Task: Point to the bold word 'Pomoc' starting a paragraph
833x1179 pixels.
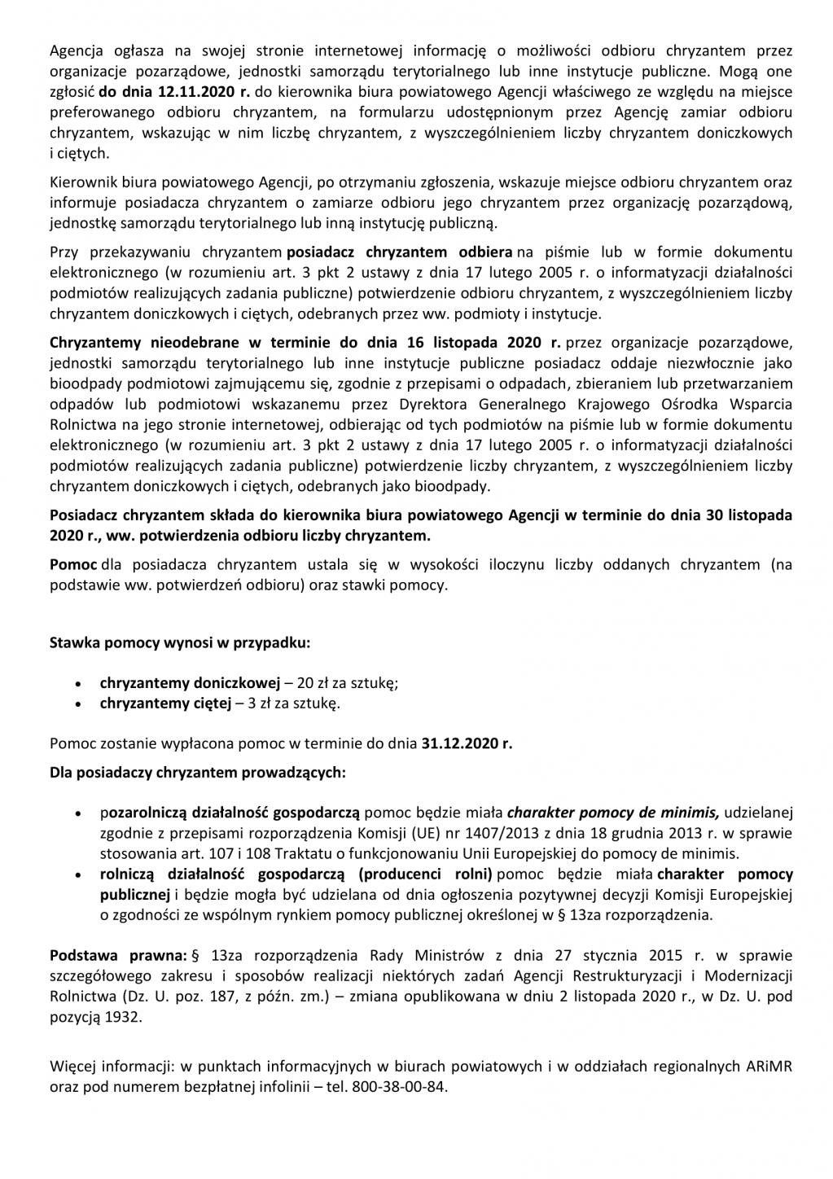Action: point(73,564)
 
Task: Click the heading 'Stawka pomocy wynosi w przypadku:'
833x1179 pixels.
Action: point(179,642)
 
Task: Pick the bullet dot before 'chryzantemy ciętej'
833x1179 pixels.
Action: point(77,704)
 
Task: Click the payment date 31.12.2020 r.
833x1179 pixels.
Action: point(467,743)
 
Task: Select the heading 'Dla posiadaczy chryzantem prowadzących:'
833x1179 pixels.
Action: point(197,772)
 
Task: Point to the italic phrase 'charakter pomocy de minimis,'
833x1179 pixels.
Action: point(613,813)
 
